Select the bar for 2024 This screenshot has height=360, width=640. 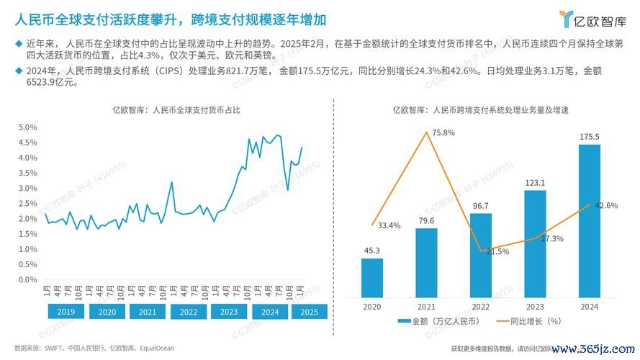[589, 220]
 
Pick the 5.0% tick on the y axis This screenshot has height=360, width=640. [28, 127]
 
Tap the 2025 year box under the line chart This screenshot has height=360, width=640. [308, 312]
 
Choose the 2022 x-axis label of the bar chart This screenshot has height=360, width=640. [480, 306]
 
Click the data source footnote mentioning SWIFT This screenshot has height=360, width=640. [94, 348]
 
